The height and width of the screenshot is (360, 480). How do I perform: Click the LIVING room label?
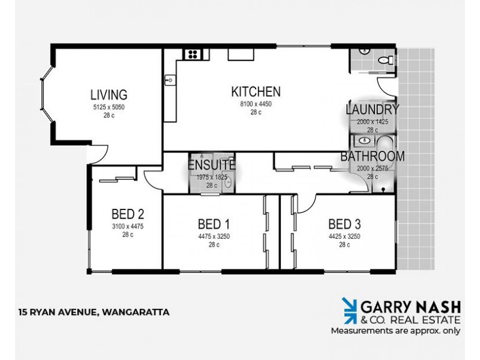coord(109,95)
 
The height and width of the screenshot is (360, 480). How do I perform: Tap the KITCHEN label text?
coord(256,92)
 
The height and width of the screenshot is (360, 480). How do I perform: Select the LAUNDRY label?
coord(373,110)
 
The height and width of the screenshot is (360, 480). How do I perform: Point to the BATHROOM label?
coord(373,157)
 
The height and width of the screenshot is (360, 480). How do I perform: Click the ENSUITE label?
coord(211,165)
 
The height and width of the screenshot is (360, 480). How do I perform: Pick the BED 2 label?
coord(128,214)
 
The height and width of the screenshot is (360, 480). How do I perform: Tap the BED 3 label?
coord(344,224)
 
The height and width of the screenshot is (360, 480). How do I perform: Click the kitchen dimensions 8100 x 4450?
coord(256,104)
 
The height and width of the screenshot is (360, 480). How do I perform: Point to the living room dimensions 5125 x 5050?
coord(109,107)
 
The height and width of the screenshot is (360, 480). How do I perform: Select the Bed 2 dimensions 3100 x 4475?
coord(128,226)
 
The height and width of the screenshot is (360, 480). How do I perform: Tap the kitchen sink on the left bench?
coord(170,79)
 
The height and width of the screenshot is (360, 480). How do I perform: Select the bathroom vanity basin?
coord(365,141)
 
